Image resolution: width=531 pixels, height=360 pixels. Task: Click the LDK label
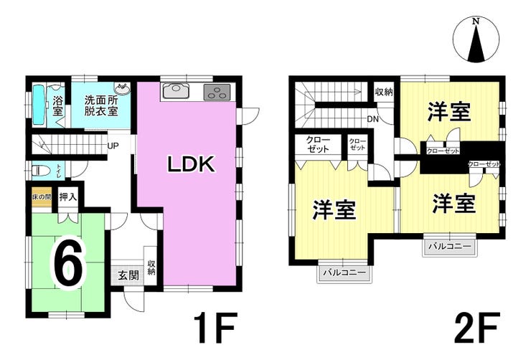coord(191,164)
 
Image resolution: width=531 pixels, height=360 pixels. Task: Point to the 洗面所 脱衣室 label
coord(100,105)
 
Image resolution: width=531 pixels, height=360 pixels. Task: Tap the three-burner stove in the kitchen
coord(217,92)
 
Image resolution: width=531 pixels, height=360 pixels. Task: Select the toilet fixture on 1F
coord(43,171)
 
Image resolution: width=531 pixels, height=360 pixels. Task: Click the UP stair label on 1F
coord(113,146)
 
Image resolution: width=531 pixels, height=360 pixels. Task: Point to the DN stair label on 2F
coord(373,118)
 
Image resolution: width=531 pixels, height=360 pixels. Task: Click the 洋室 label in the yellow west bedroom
coord(335,210)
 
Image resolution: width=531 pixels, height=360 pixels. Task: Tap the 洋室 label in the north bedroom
coord(449,112)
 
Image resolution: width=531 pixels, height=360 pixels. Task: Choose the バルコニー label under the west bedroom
coord(343,273)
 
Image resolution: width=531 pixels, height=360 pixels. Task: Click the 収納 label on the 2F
coord(384,92)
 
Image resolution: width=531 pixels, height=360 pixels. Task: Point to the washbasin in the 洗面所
coord(123,89)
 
